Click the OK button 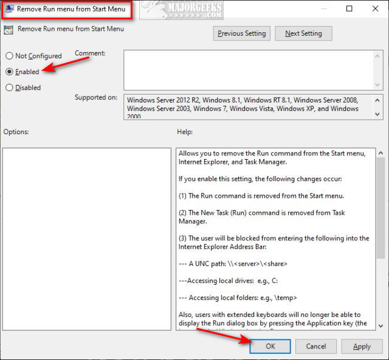(270, 347)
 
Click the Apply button (362, 347)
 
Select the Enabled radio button (10, 72)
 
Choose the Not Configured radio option (10, 56)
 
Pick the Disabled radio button (10, 87)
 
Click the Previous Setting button (242, 33)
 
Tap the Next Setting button (303, 33)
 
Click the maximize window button (349, 9)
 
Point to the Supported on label (96, 97)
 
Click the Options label (16, 132)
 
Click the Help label (185, 132)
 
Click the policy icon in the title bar (9, 10)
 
